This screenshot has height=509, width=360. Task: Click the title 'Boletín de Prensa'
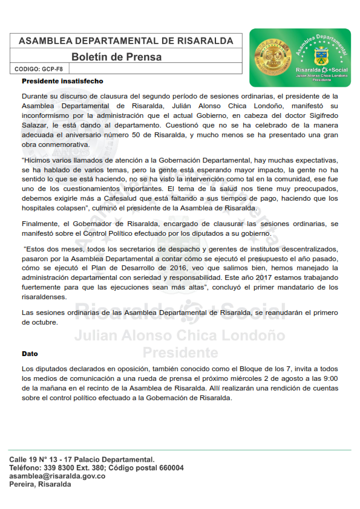click(x=117, y=57)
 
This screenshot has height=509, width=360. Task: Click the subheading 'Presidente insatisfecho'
click(x=62, y=81)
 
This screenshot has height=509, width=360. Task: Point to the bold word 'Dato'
click(x=30, y=354)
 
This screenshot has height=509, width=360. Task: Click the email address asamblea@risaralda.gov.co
click(x=57, y=476)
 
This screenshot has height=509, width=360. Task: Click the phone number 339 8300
click(x=58, y=468)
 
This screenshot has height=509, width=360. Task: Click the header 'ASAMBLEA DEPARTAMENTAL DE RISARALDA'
click(x=126, y=41)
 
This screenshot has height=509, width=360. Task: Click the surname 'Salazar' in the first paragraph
click(x=36, y=125)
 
